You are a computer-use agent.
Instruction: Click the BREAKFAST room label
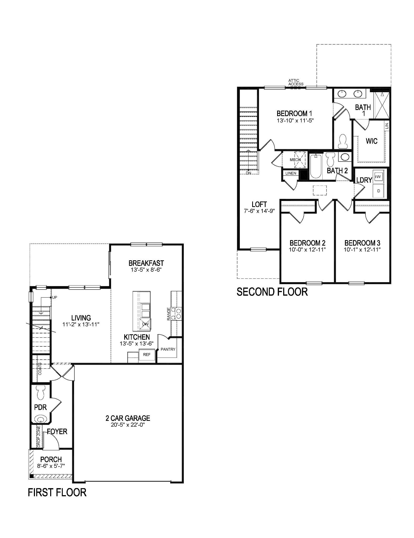(x=146, y=263)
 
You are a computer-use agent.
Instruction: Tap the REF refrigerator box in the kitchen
(x=147, y=355)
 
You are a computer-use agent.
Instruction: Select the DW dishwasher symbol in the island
(x=145, y=324)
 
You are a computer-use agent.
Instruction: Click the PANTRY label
(x=168, y=349)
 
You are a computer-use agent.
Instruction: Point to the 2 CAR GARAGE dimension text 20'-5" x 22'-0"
(x=128, y=425)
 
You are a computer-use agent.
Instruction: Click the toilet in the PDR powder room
(x=41, y=393)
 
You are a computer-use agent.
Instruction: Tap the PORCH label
(x=51, y=459)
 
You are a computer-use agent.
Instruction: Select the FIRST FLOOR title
(x=57, y=492)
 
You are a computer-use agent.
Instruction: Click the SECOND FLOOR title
(x=272, y=292)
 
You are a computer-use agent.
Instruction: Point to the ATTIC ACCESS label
(x=296, y=82)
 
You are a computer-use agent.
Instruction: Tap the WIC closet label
(x=371, y=141)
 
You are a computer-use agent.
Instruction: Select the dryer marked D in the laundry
(x=379, y=191)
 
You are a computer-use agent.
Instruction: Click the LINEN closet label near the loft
(x=291, y=173)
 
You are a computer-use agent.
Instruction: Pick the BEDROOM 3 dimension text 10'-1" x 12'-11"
(x=362, y=250)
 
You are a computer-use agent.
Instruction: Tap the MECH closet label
(x=295, y=159)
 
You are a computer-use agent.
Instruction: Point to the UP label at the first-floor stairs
(x=55, y=297)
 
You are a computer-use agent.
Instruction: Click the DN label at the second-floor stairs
(x=249, y=173)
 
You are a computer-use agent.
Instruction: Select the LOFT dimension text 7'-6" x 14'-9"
(x=259, y=211)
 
